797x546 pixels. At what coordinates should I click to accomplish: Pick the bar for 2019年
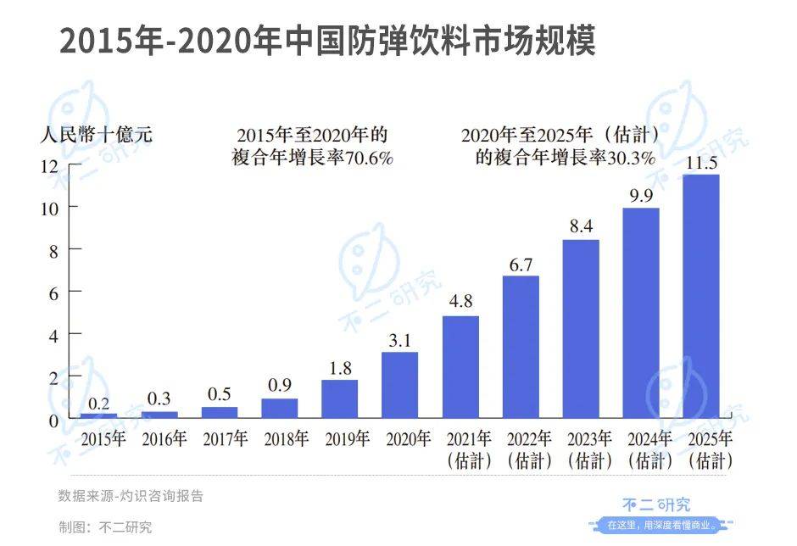point(339,398)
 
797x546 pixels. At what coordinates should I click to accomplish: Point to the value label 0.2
point(99,404)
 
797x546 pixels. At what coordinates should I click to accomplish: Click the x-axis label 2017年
point(224,439)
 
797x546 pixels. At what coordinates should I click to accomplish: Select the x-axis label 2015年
point(103,439)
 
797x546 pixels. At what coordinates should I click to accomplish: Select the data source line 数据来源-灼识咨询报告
point(131,496)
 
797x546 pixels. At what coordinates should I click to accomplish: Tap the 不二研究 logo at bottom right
point(662,507)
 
